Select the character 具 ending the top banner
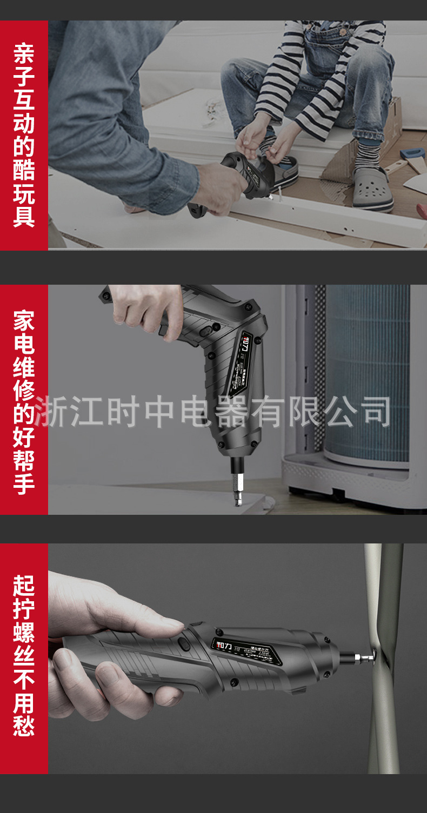(x=24, y=217)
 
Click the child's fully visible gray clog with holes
(x=373, y=189)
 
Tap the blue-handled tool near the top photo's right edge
(x=413, y=153)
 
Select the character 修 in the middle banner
(x=24, y=390)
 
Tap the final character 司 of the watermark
(x=373, y=412)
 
